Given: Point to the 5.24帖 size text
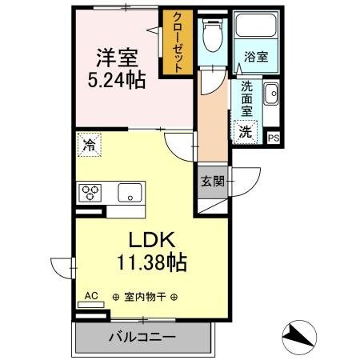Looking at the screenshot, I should [118, 80].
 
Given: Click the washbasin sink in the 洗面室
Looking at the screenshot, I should [270, 94].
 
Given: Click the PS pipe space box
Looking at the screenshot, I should [274, 138].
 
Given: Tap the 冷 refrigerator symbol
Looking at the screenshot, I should [88, 147].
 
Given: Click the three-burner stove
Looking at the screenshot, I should [90, 193].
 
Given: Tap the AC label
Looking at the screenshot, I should [91, 295].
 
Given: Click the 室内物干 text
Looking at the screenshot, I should [145, 297].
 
